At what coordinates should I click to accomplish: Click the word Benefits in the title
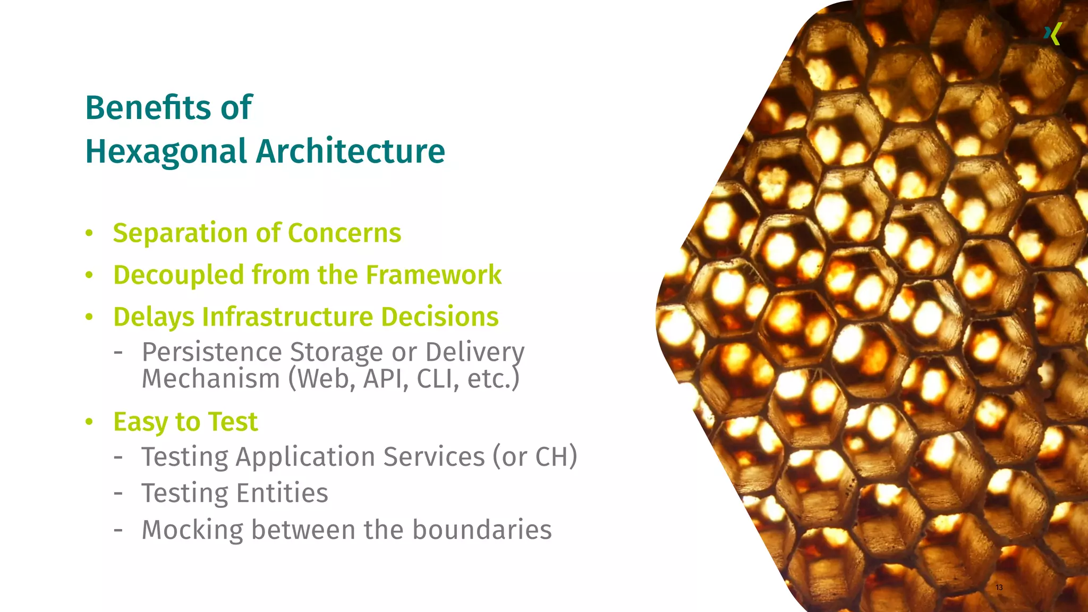[x=148, y=108]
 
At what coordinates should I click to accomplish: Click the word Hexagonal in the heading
[x=166, y=151]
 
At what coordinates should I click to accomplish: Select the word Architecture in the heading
[x=351, y=151]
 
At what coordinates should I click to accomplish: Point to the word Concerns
[x=344, y=233]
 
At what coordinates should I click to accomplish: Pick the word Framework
[x=433, y=275]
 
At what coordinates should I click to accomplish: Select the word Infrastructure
[x=287, y=317]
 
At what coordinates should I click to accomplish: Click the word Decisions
[x=440, y=317]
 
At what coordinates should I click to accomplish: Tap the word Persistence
[x=211, y=352]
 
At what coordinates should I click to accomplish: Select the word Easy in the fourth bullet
[x=140, y=422]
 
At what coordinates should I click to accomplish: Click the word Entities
[x=282, y=493]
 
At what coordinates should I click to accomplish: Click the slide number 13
[x=999, y=587]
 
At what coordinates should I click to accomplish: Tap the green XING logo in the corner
[x=1052, y=35]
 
